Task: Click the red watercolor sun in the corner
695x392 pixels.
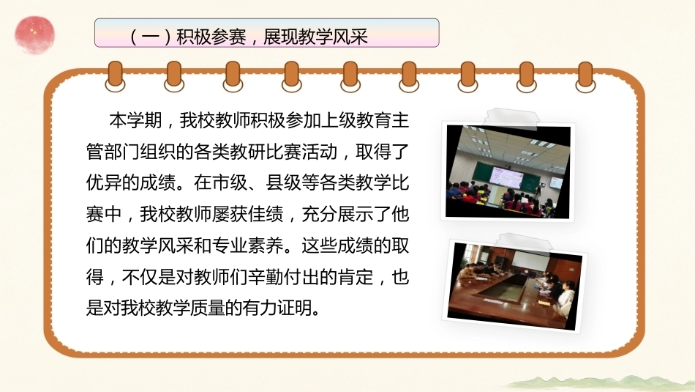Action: [34, 34]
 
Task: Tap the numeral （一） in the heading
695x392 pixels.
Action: [151, 37]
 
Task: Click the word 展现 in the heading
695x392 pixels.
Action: [281, 37]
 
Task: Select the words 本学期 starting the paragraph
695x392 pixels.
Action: [135, 121]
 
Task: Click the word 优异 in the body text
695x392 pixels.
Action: [104, 183]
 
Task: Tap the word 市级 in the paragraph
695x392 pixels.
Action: [230, 183]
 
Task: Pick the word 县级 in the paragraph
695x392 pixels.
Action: [284, 183]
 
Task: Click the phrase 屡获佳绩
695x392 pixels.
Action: [248, 214]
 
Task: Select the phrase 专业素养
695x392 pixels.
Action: [248, 245]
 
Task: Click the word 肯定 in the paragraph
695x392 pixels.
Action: [356, 276]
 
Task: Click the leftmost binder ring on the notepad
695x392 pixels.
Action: [116, 76]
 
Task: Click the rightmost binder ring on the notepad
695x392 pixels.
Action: [585, 76]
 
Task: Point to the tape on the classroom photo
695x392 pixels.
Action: [511, 118]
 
